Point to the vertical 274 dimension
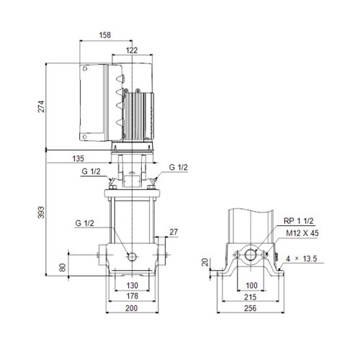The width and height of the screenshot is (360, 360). click(x=41, y=106)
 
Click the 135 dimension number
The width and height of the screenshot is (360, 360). click(x=79, y=158)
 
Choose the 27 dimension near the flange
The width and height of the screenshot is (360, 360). click(x=174, y=231)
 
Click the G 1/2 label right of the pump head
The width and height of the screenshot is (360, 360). click(x=178, y=167)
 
